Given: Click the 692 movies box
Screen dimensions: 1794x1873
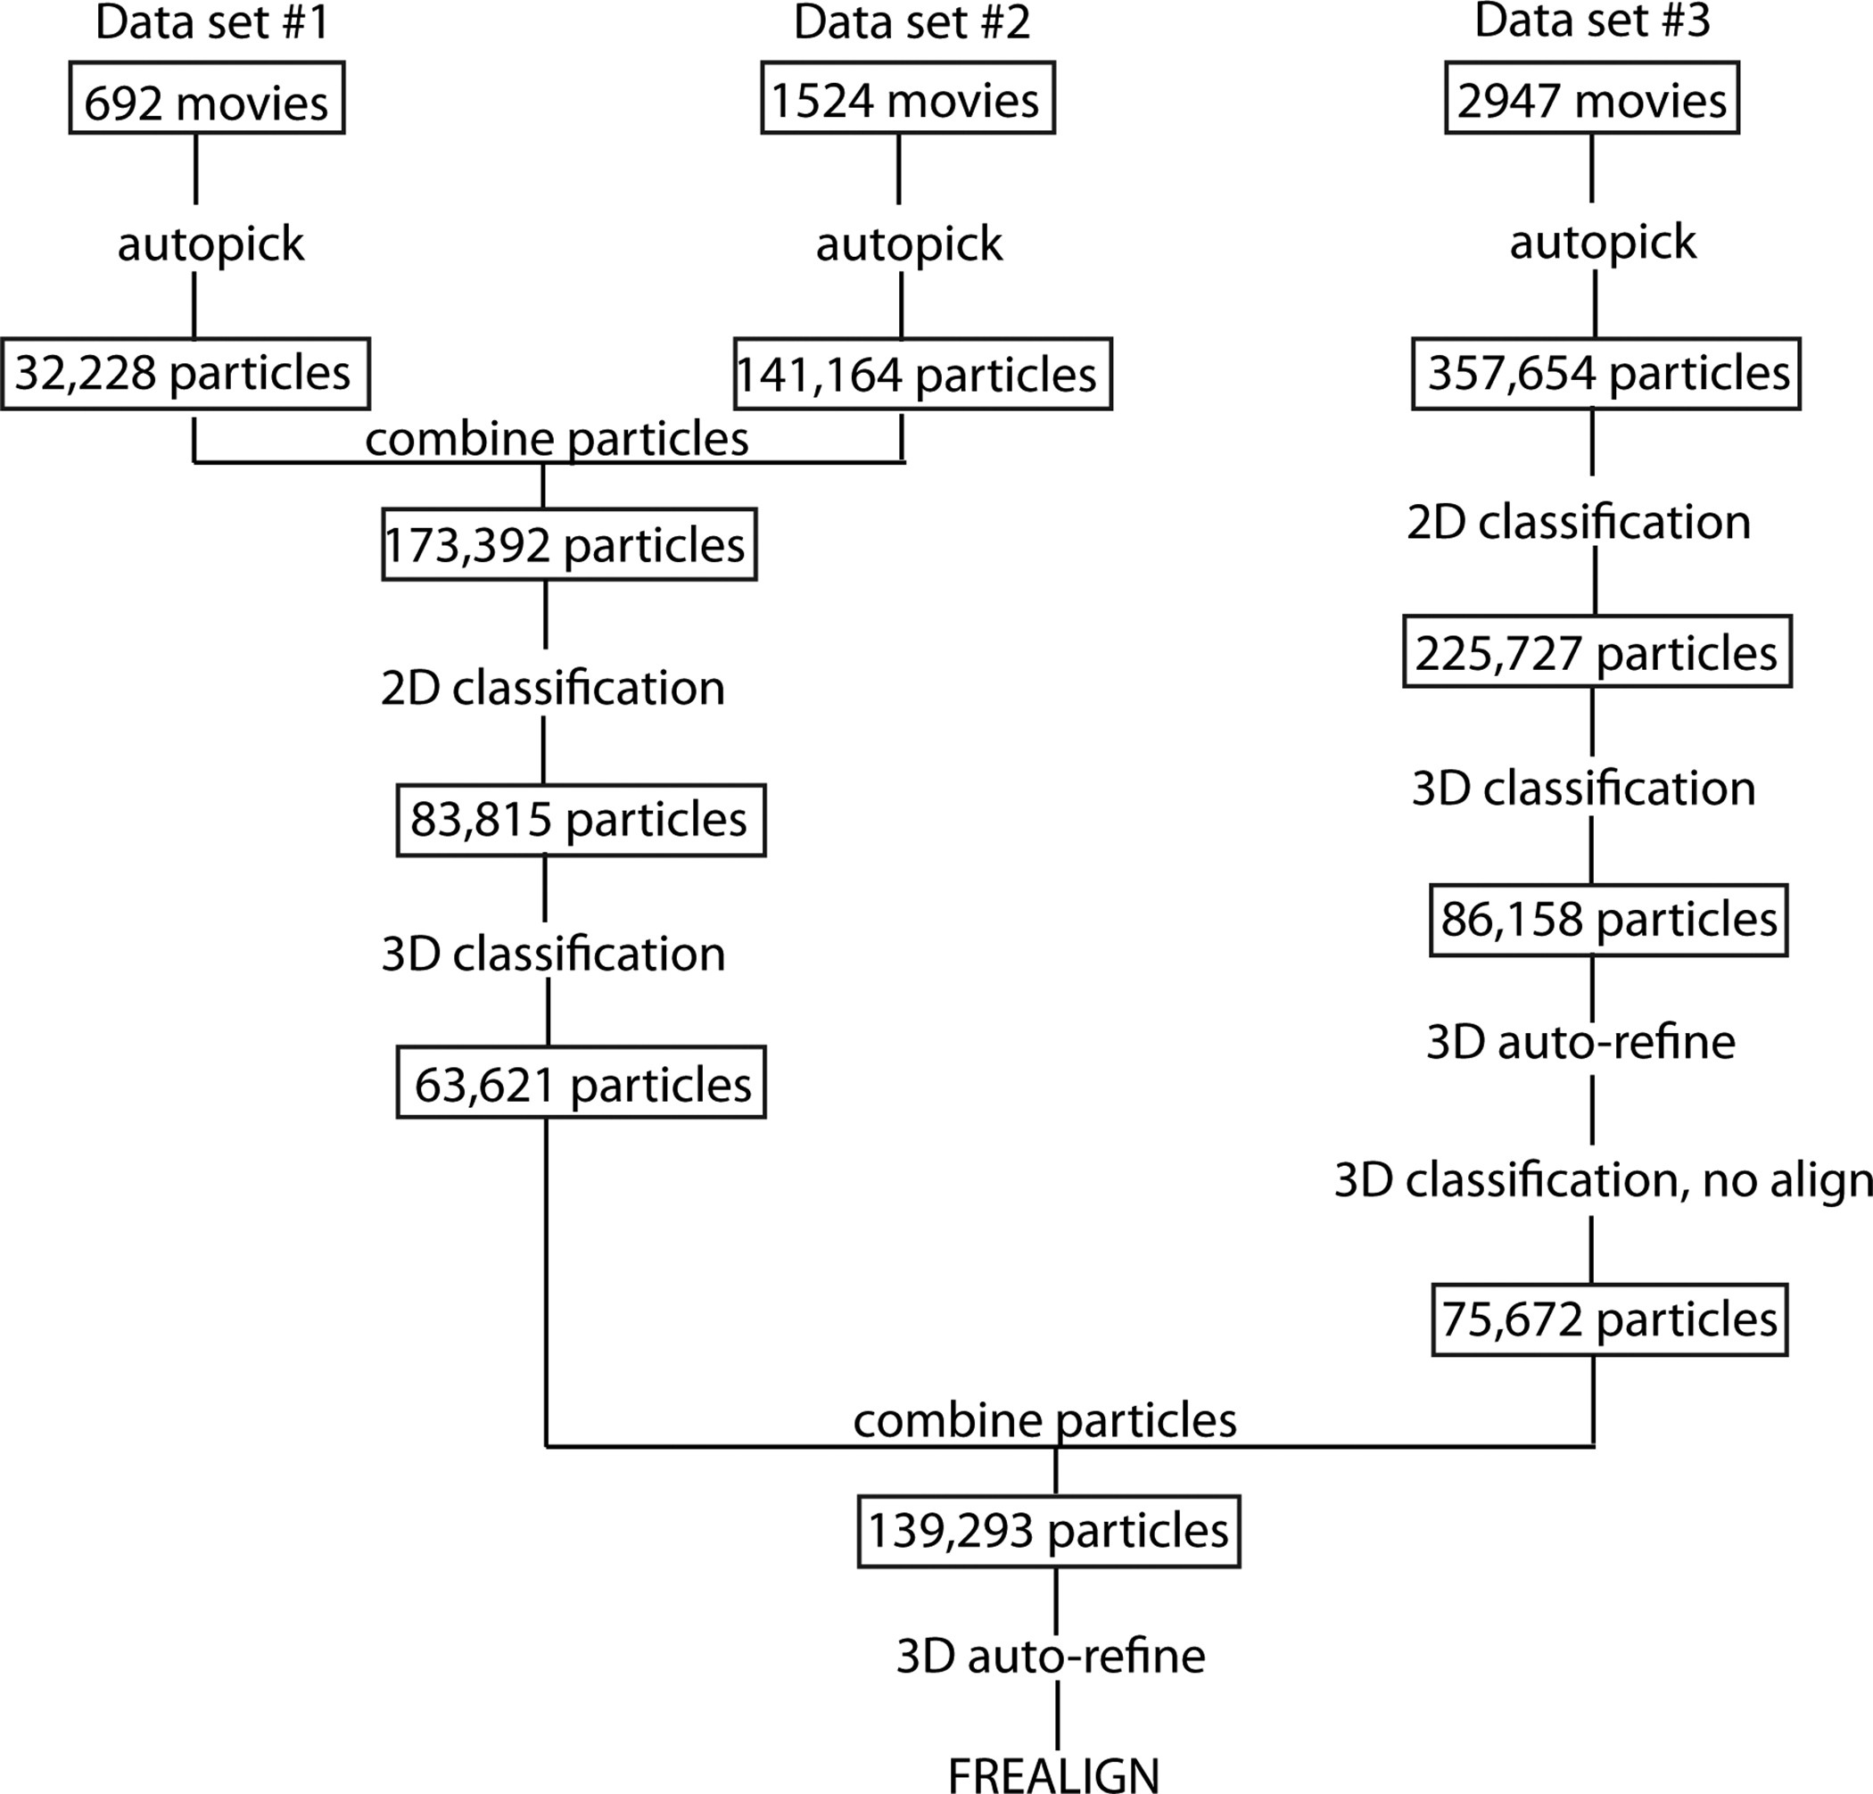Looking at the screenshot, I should coord(206,98).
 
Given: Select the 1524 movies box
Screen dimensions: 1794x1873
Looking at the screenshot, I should coord(907,98).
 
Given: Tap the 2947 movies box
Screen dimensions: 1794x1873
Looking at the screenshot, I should coord(1591,98).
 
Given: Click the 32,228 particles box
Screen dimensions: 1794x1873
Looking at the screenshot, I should coord(185,374).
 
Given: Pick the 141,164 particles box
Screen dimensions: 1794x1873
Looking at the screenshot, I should coord(922,374).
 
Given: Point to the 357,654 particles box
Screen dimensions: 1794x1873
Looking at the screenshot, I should coord(1605,374).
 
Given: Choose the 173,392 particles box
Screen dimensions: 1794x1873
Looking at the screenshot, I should coord(569,545).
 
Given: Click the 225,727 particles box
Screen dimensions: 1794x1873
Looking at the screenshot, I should coord(1597,653).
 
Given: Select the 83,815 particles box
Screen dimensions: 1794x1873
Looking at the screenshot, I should coord(580,820).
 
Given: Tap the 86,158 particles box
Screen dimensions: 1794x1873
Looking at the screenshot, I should coord(1608,920).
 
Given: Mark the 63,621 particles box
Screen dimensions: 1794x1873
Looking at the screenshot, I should coord(581,1084).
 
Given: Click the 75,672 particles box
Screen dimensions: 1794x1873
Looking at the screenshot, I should coord(1609,1320).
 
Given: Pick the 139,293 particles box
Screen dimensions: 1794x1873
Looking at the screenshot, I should coord(1048,1531).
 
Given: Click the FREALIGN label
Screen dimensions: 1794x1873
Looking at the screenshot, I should coord(1053,1774).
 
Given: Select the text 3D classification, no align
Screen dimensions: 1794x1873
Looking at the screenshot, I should coord(1603,1181).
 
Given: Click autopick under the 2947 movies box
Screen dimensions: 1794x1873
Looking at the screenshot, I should coord(1603,243).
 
